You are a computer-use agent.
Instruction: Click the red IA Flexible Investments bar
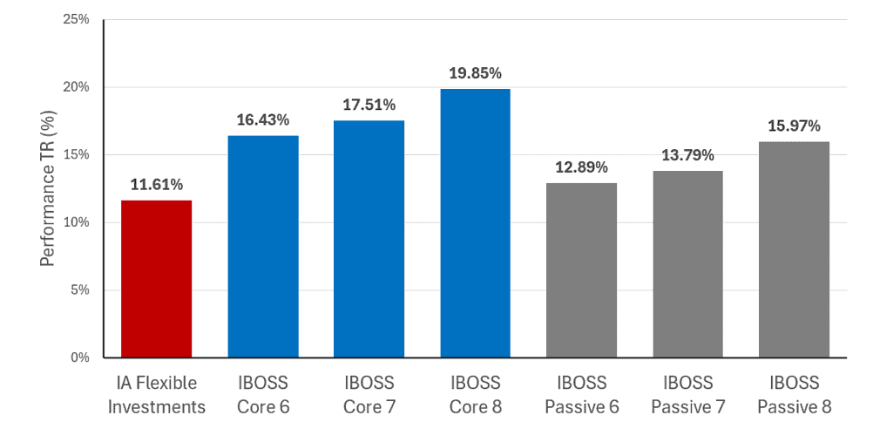(x=157, y=279)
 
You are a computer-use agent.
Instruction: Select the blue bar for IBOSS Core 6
(x=263, y=247)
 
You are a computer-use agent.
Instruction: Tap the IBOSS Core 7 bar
(x=369, y=239)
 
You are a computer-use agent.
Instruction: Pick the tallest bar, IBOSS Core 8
(x=476, y=223)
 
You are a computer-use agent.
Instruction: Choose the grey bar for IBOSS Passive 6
(x=582, y=270)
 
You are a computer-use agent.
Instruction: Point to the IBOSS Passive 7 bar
(x=688, y=264)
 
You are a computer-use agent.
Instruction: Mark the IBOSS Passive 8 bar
(x=795, y=249)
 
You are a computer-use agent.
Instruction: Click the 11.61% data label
(x=157, y=185)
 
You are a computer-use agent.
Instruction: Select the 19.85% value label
(x=476, y=73)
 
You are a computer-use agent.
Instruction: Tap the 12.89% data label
(x=582, y=167)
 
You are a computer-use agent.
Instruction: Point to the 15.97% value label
(x=795, y=126)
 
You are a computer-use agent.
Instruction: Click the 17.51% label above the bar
(x=369, y=105)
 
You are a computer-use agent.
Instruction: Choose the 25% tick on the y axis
(x=77, y=19)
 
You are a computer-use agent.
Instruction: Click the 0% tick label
(x=79, y=357)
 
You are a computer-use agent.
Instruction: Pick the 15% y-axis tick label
(x=77, y=155)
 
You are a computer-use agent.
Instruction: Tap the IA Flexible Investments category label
(x=157, y=395)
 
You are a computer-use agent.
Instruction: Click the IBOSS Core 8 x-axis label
(x=476, y=395)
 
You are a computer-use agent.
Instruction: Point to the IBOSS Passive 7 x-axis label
(x=688, y=395)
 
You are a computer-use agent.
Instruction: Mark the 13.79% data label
(x=688, y=155)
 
